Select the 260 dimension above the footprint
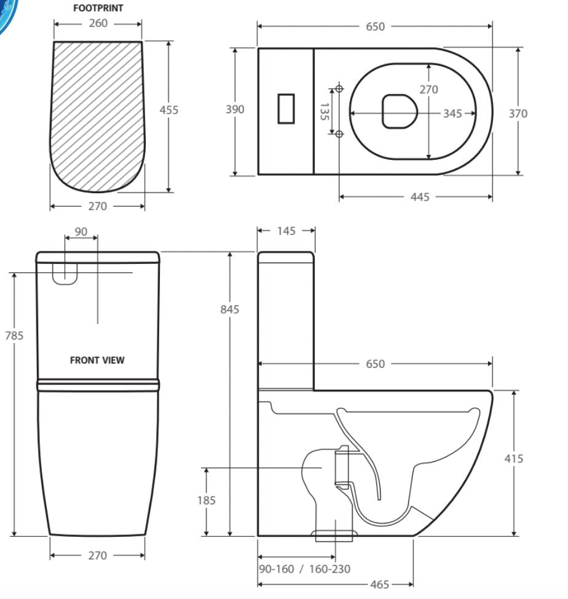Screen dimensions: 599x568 pos(98,23)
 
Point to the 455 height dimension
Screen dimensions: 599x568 pos(168,110)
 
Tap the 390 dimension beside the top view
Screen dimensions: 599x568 pos(234,109)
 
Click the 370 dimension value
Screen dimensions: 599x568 pos(518,113)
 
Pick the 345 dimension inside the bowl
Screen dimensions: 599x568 pos(452,113)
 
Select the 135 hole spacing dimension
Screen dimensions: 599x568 pos(324,111)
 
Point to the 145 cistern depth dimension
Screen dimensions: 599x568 pos(286,231)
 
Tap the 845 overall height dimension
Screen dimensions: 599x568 pos(230,309)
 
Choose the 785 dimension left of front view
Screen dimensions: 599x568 pos(14,335)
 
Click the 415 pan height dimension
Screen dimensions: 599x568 pos(513,458)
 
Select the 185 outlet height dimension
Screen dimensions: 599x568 pos(207,500)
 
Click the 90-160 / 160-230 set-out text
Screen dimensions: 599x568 pos(304,569)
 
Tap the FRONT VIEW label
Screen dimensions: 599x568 pos(97,360)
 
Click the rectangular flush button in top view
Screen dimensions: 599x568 pos(286,108)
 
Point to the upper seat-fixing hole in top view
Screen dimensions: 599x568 pos(339,89)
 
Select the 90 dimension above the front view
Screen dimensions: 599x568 pos(81,232)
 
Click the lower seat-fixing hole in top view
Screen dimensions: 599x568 pos(339,133)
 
